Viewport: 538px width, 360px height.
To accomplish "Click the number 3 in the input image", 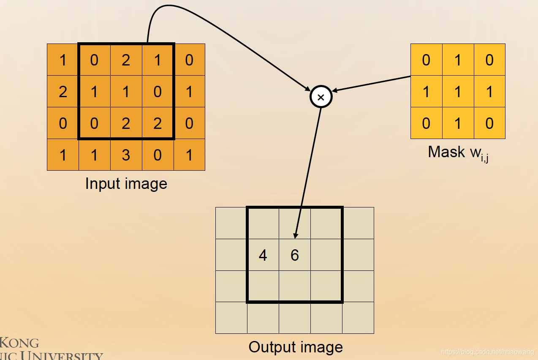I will click(126, 155).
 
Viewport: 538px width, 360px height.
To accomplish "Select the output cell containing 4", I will click(263, 255).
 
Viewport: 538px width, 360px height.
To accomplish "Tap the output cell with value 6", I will click(295, 255).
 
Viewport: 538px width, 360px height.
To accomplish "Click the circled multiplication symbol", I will click(321, 97).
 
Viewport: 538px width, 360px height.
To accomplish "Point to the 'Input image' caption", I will click(126, 184).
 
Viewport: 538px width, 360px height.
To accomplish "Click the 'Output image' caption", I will click(296, 347).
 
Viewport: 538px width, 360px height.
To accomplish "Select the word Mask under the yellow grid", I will click(446, 152).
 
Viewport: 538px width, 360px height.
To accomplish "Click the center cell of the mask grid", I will click(458, 92).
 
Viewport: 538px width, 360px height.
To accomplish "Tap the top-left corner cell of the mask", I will click(427, 60).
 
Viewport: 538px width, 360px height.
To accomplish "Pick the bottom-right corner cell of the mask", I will click(489, 123).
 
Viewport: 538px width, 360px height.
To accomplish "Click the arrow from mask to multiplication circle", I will click(372, 83).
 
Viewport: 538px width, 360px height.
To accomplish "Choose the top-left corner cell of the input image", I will click(63, 60).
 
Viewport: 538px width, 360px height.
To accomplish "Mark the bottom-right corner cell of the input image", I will click(189, 155).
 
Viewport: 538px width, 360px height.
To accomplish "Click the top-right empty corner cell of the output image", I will click(358, 223).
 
